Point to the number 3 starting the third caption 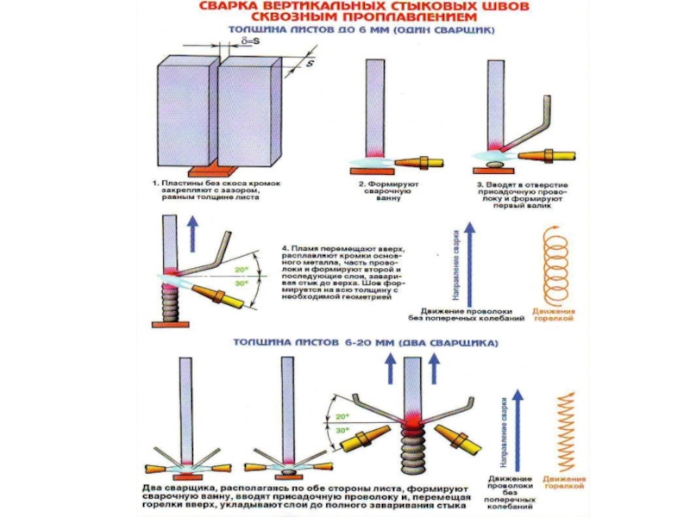[x=479, y=184]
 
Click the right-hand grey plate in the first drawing [x=250, y=112]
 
